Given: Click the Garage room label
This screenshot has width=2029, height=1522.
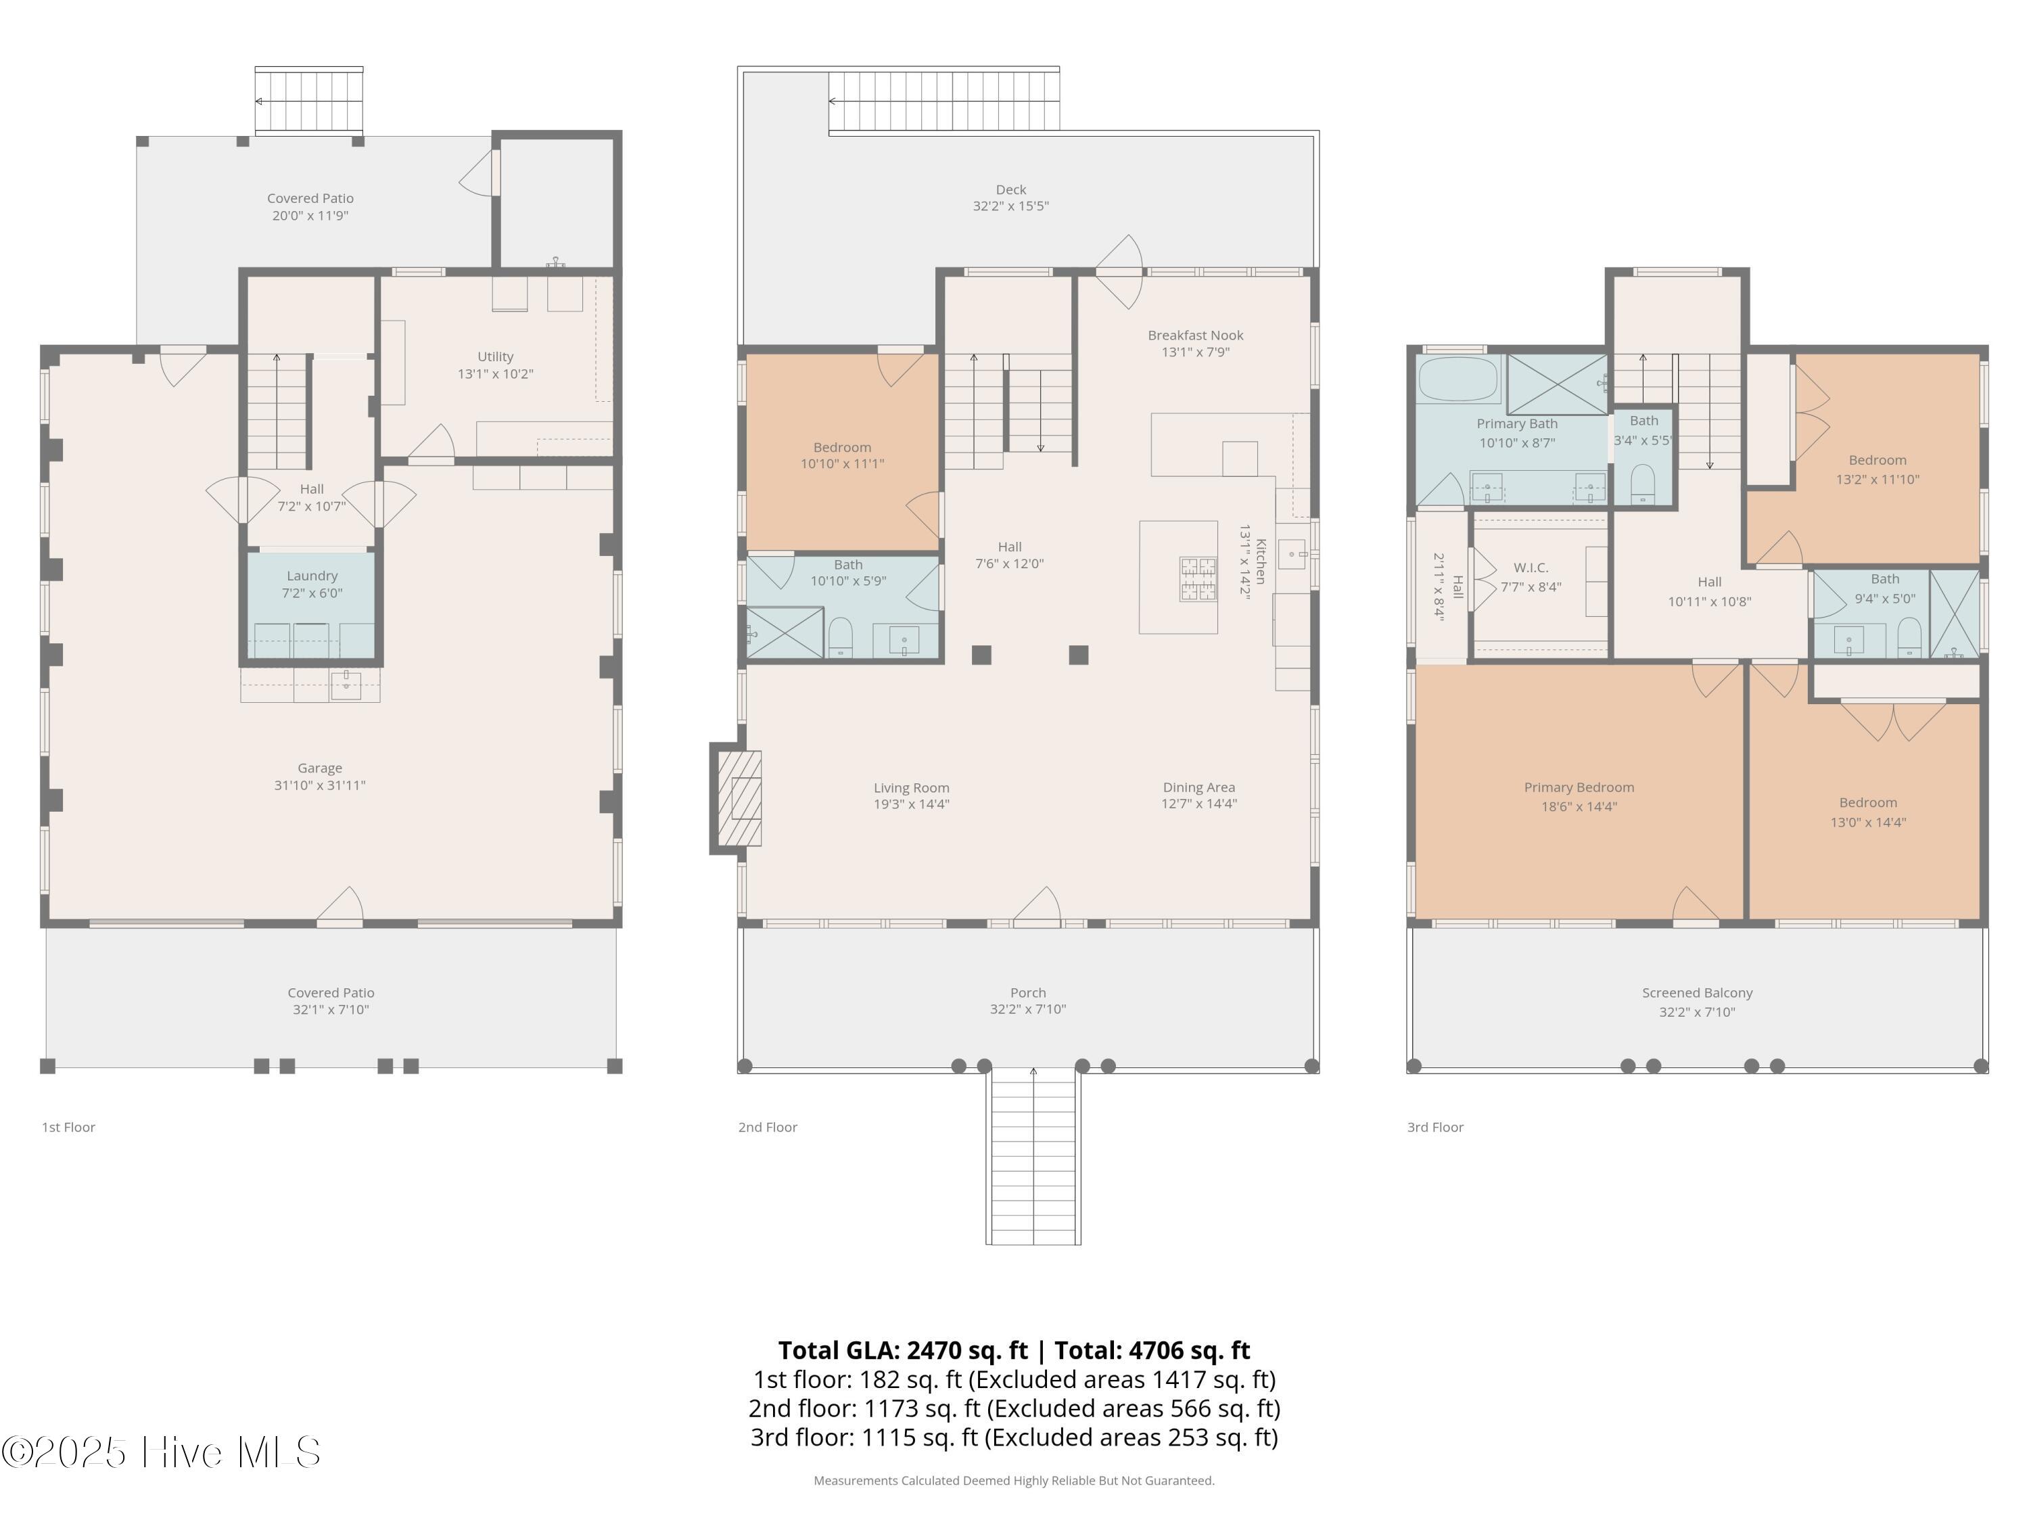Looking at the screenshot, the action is (x=319, y=768).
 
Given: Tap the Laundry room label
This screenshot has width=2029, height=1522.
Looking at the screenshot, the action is (x=312, y=575).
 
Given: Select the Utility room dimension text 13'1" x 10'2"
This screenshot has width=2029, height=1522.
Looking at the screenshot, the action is (x=495, y=373).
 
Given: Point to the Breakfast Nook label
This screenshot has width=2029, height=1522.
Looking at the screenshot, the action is (x=1195, y=335).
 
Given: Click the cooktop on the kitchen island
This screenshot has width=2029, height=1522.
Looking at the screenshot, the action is (x=1198, y=579).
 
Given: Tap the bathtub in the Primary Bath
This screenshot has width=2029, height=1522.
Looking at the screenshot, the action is (x=1458, y=379).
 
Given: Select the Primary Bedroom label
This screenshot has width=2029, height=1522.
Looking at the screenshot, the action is (x=1579, y=787).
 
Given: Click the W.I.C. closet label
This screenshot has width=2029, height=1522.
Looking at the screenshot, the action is (x=1531, y=568).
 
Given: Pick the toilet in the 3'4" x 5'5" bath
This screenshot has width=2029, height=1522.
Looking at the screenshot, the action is (x=1642, y=484).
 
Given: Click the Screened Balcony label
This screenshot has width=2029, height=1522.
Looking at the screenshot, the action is (x=1697, y=992).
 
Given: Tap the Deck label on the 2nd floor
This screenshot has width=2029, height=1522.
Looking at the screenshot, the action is (x=1011, y=189).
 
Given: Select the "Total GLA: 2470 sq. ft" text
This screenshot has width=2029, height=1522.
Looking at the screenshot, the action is (x=903, y=1350).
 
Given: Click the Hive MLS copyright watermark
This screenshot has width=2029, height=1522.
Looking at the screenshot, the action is (x=162, y=1452).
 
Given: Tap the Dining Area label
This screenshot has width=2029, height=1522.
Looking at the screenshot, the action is (x=1199, y=787).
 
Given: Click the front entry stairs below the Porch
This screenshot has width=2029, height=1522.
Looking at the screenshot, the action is (x=1033, y=1156).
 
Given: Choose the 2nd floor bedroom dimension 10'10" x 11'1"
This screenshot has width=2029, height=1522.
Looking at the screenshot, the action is (x=842, y=463).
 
